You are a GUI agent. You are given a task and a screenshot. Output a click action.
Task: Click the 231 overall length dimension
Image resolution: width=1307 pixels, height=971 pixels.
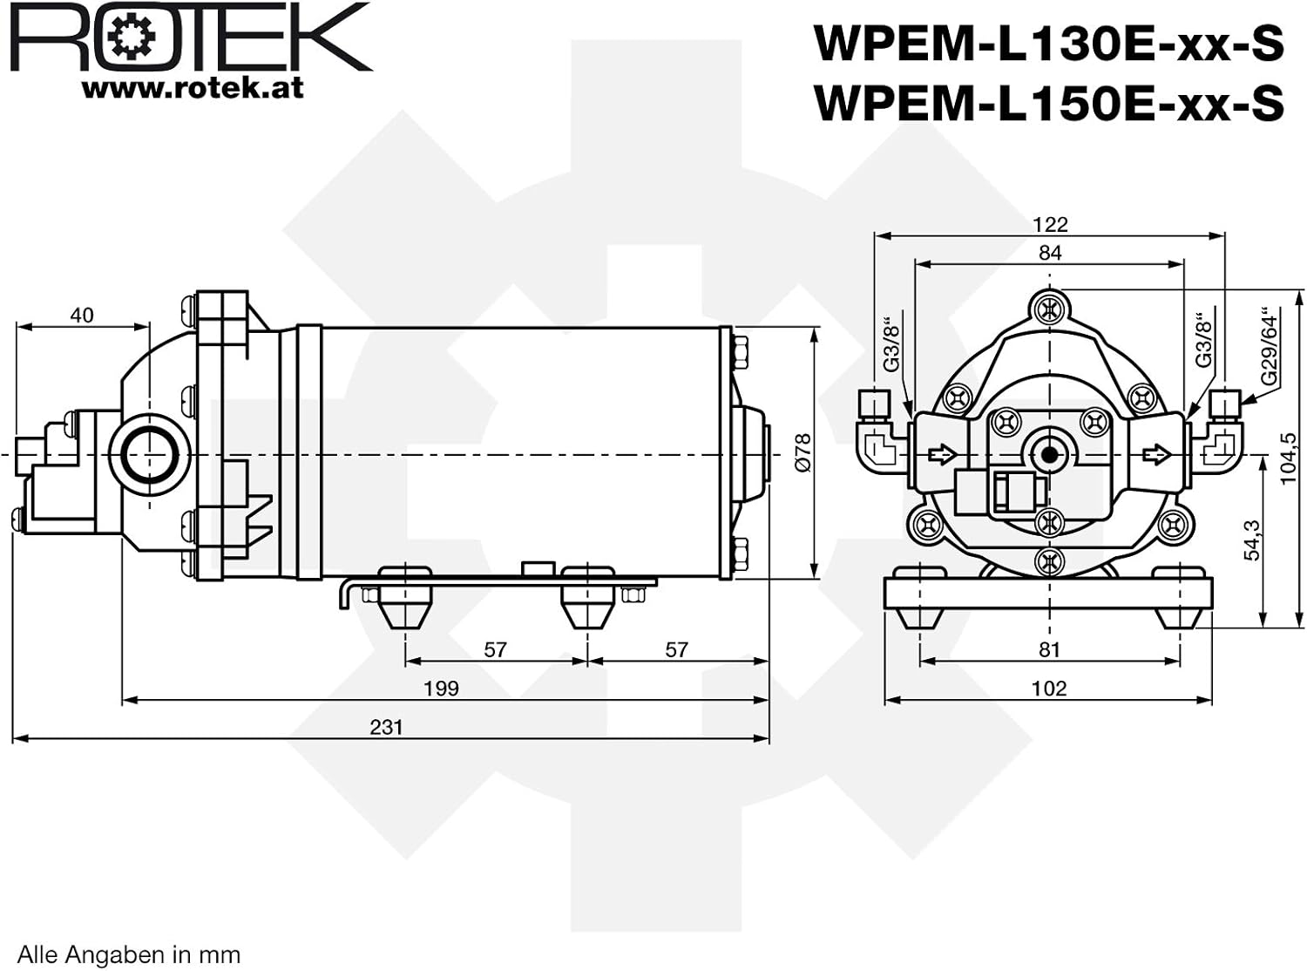(x=386, y=727)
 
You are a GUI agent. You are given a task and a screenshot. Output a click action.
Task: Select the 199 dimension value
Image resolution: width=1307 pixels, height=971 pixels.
(x=442, y=688)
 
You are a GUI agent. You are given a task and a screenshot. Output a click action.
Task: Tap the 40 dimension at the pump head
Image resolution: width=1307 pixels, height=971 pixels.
(x=82, y=316)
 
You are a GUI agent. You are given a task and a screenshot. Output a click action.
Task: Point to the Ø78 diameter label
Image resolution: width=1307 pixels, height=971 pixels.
(x=803, y=452)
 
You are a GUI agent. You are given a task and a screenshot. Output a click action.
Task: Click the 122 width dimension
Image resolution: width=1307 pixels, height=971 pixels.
(x=1050, y=224)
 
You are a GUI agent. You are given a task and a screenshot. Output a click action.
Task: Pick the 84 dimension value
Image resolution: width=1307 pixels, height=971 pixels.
(x=1050, y=252)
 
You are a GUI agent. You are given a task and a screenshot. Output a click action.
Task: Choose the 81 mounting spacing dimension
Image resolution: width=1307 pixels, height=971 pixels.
(x=1049, y=649)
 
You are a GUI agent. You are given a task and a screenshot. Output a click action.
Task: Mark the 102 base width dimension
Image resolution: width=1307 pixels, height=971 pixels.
(x=1049, y=688)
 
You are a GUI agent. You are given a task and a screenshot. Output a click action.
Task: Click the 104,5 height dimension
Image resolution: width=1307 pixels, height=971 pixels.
(x=1288, y=458)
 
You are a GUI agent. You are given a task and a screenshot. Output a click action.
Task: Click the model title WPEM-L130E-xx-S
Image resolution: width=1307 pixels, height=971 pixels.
(x=1049, y=43)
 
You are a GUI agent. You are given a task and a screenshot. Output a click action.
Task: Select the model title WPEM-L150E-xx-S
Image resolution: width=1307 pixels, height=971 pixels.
(x=1049, y=102)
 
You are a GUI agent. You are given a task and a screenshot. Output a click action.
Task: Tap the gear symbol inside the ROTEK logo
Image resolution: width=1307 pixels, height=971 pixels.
(x=132, y=37)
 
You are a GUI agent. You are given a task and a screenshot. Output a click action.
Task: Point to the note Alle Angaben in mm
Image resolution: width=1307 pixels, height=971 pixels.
(x=129, y=954)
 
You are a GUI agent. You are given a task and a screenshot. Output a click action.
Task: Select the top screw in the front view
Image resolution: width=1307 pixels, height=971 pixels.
(x=1049, y=309)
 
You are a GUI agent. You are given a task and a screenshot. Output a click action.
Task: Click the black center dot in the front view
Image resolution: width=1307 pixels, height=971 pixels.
(x=1049, y=455)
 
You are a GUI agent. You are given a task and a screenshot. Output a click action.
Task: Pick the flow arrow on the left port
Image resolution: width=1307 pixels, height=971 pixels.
(x=942, y=454)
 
